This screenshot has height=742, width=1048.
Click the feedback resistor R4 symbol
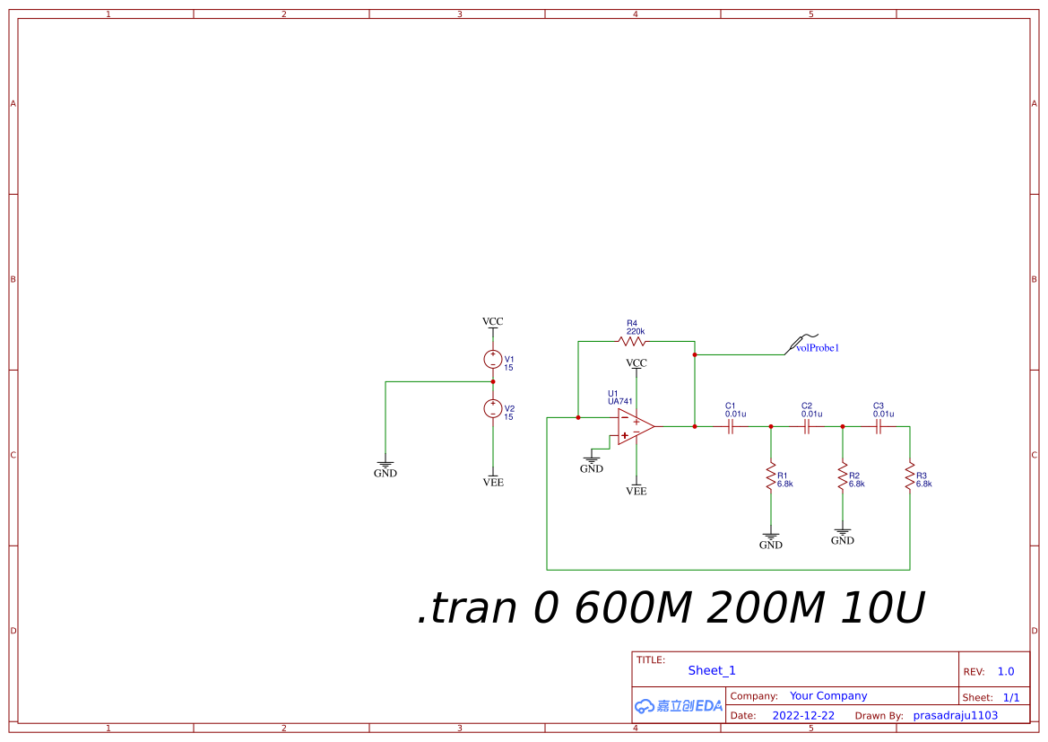pos(632,341)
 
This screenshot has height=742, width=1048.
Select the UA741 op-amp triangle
pos(635,427)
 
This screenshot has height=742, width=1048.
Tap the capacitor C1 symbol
pos(732,427)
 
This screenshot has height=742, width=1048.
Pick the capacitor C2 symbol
pos(807,427)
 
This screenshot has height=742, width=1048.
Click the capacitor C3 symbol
pos(879,427)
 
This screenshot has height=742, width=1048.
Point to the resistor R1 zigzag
pos(770,476)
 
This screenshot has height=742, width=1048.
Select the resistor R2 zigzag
pos(842,476)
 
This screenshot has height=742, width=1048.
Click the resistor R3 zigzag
pos(910,476)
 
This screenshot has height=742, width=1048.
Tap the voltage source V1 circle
pos(492,359)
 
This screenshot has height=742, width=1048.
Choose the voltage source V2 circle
pos(492,408)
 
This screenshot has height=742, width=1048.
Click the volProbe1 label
pos(818,347)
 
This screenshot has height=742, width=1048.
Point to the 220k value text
pos(636,331)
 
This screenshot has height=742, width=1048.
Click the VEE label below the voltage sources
pos(493,483)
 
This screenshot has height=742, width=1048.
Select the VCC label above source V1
pos(492,321)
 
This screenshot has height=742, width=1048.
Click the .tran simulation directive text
pos(671,608)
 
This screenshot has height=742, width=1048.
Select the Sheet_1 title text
pos(712,670)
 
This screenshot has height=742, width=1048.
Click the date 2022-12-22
pos(803,716)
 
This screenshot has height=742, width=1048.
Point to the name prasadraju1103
pos(955,716)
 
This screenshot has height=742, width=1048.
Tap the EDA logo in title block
pos(679,706)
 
